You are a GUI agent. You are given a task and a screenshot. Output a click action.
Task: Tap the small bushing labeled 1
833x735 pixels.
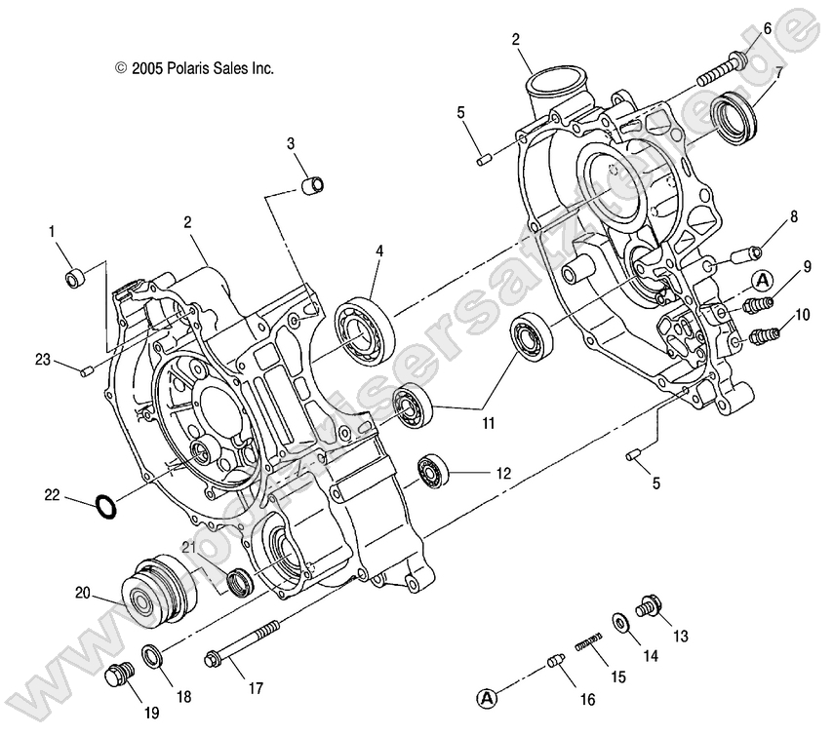(76, 279)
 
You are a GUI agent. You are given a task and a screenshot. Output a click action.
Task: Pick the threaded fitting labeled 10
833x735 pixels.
(763, 337)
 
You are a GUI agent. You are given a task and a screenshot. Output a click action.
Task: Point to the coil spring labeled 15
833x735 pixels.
(589, 644)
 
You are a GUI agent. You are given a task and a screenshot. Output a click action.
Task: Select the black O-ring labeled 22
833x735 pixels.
(106, 506)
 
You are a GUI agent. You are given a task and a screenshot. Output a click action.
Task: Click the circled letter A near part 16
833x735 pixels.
(488, 697)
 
